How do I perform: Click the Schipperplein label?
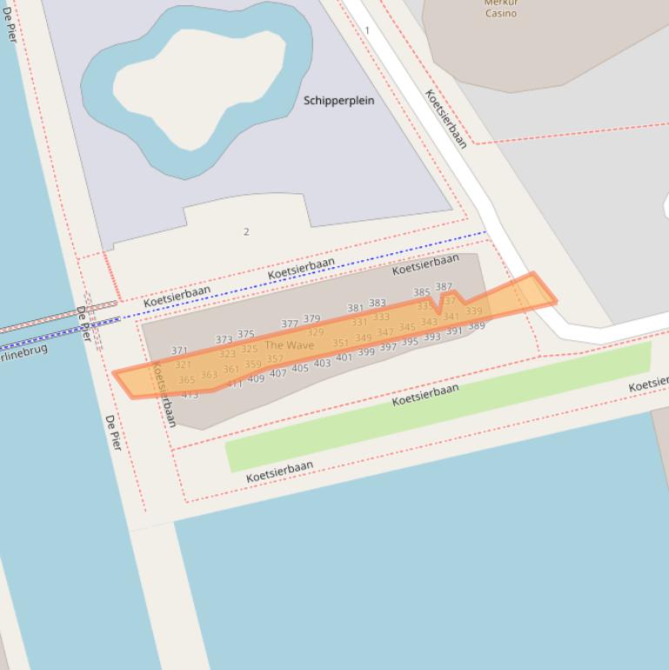(338, 101)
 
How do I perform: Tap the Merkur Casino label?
(501, 8)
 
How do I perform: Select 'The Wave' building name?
(289, 345)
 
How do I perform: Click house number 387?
(444, 287)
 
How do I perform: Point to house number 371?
(179, 351)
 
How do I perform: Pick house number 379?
(311, 319)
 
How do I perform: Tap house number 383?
(377, 304)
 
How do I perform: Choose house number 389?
(476, 326)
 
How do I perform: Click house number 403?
(322, 363)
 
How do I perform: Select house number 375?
(246, 334)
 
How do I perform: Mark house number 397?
(388, 347)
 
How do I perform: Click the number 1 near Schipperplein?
(367, 30)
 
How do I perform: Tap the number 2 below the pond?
(246, 231)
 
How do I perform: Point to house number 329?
(315, 332)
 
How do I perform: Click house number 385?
(421, 292)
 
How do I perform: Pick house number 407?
(278, 373)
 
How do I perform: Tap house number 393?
(432, 337)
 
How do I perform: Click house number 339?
(473, 311)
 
